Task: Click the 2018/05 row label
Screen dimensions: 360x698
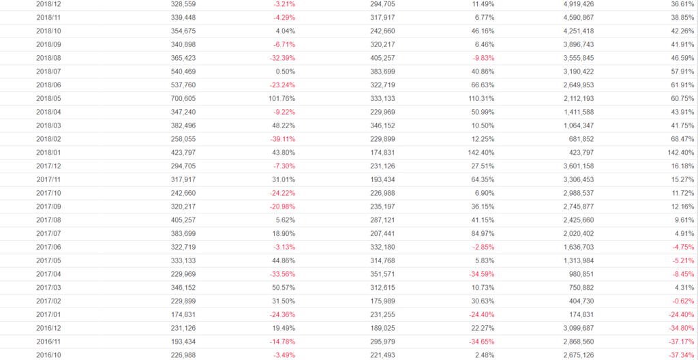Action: tap(48, 98)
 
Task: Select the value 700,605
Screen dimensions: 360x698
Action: tap(183, 98)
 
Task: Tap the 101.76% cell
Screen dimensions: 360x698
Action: tap(282, 98)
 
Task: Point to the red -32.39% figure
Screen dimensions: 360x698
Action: tap(280, 58)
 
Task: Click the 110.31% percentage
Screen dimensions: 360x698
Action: tap(480, 98)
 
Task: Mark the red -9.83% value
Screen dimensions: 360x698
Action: tap(481, 58)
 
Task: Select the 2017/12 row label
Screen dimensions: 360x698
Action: tap(48, 166)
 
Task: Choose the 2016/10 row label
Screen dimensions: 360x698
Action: tap(48, 354)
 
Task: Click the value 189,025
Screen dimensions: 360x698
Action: tap(380, 327)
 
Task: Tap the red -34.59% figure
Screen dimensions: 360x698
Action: tap(480, 273)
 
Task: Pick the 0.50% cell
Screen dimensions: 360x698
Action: tap(284, 72)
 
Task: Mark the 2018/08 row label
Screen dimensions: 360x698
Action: tap(48, 58)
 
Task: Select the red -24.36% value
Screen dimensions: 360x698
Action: tap(280, 314)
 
